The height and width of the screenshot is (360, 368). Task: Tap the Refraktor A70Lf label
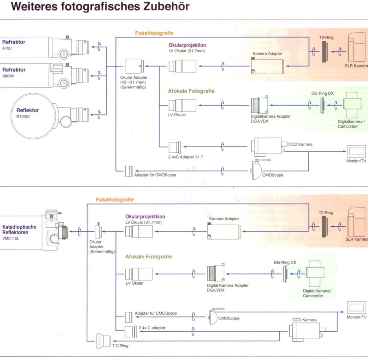14,45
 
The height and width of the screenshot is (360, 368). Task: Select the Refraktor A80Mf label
14,72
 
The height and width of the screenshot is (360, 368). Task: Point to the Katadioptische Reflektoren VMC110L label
19,232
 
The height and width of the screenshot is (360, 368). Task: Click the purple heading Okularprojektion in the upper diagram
187,45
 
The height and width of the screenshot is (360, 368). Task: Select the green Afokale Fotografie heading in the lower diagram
149,257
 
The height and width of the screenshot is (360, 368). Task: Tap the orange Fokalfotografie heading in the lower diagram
115,199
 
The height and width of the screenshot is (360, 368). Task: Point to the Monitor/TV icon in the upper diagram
356,151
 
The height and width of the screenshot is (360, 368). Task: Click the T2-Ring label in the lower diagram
326,212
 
